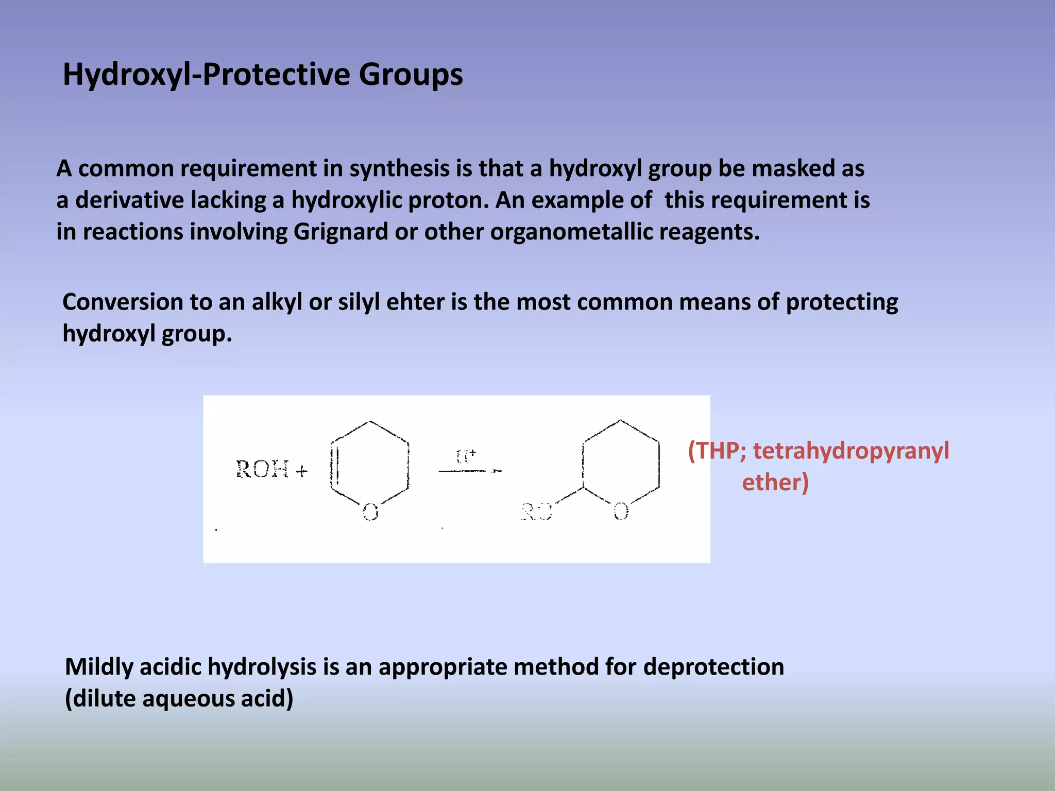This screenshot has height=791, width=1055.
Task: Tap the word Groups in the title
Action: click(411, 75)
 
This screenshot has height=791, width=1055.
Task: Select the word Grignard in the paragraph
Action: click(341, 232)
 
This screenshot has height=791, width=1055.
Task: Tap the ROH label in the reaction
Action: click(262, 470)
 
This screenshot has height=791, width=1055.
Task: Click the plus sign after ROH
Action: click(302, 471)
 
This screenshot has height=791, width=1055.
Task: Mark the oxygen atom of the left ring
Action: click(370, 512)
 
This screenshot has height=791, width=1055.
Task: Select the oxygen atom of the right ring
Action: click(621, 511)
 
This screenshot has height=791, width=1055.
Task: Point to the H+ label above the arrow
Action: click(466, 456)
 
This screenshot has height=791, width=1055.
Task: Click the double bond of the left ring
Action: click(335, 466)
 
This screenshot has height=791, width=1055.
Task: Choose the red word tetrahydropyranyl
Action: click(850, 451)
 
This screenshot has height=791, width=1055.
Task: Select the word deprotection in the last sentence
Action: click(713, 667)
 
